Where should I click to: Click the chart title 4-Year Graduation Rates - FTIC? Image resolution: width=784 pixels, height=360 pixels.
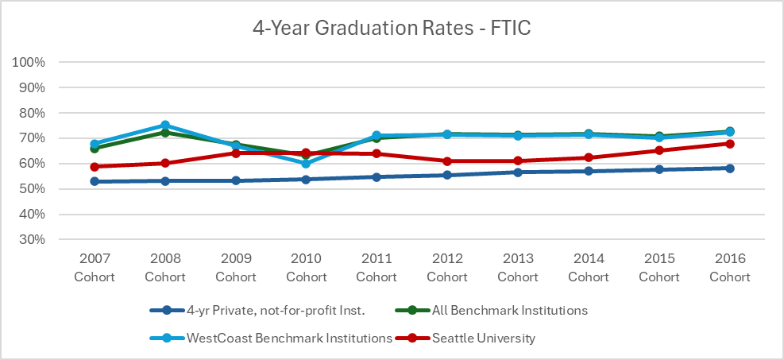(392, 29)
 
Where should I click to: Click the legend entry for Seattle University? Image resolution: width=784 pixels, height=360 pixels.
(484, 338)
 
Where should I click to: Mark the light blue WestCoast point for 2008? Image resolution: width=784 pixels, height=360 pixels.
(165, 126)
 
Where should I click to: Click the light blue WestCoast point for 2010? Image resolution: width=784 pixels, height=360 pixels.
(306, 163)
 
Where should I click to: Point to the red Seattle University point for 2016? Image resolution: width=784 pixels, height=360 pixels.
(729, 144)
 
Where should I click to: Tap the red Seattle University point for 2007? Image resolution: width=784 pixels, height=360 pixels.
(95, 167)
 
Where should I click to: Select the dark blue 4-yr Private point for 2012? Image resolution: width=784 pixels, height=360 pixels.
(447, 175)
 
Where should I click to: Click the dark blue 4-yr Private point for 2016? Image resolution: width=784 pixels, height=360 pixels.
(729, 168)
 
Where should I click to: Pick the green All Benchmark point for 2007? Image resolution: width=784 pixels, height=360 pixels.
(95, 149)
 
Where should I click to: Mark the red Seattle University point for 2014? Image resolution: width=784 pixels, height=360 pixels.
(589, 157)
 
